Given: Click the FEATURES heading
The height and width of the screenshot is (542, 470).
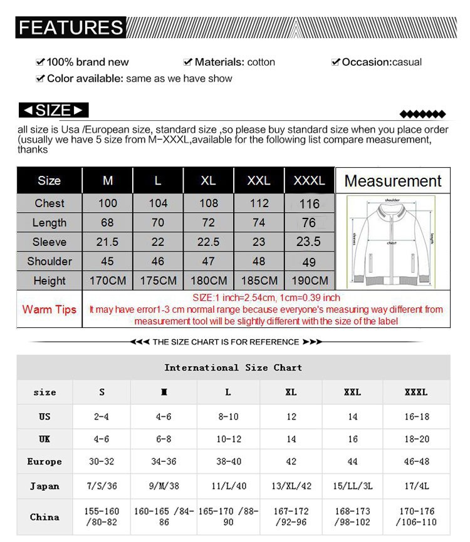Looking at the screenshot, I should tap(71, 28).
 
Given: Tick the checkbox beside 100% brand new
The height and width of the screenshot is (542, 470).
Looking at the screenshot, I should tap(41, 62).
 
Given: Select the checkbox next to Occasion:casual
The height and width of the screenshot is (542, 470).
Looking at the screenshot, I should tap(336, 62).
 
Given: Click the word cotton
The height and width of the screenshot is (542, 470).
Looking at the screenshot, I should tap(261, 62).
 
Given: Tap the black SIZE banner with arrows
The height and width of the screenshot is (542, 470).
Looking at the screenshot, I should tap(53, 111).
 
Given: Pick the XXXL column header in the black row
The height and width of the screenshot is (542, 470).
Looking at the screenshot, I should tap(310, 181).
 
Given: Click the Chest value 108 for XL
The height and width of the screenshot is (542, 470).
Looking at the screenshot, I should tap(208, 203).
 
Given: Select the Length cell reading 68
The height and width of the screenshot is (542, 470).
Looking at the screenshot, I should tap(108, 223).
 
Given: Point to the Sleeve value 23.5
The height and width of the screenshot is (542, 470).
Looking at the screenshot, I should tap(308, 242).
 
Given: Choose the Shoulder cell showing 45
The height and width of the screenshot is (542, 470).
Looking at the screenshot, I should tap(108, 261).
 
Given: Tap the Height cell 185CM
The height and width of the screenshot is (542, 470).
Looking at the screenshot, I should tap(259, 280).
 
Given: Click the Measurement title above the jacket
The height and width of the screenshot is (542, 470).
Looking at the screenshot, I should tap(393, 181).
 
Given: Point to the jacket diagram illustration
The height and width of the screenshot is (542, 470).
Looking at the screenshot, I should tap(392, 240).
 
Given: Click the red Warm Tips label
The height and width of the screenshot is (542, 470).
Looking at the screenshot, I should tap(49, 309).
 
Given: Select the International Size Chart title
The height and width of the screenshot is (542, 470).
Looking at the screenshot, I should tap(233, 367).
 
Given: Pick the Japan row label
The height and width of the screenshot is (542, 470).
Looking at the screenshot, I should tap(44, 486).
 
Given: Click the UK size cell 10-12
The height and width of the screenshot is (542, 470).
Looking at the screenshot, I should tap(228, 439).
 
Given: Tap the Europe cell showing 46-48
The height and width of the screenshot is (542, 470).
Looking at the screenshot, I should tap(416, 462).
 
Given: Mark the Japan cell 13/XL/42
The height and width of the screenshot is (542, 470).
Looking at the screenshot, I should tap(291, 486).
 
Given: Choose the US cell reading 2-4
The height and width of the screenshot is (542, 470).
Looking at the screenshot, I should tap(102, 416).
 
